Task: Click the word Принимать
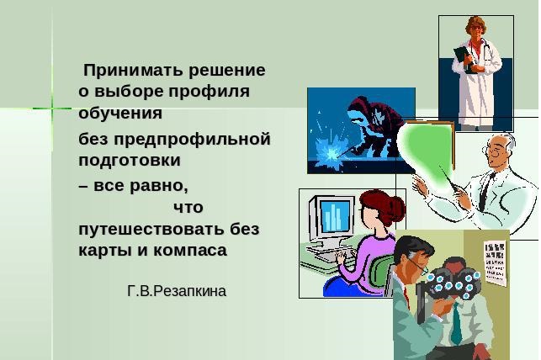(x=134, y=71)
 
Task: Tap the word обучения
(x=120, y=113)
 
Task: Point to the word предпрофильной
(x=192, y=140)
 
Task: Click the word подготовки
(x=130, y=161)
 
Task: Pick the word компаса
(x=190, y=251)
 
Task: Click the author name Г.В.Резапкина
(x=177, y=291)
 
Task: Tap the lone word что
(x=188, y=208)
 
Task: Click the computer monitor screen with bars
(x=334, y=216)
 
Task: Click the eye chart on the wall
(x=495, y=262)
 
